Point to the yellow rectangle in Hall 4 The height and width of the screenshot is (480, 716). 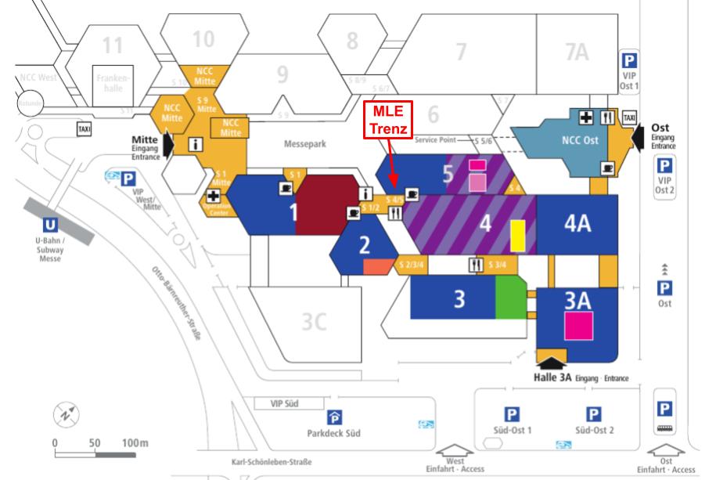point(517,234)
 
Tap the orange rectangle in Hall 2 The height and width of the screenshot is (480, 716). point(377,266)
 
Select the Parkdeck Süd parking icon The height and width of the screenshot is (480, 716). point(333,416)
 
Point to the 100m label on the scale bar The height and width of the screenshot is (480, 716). point(134,442)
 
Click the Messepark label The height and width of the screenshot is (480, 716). point(304,145)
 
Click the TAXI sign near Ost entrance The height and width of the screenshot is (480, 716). point(629,117)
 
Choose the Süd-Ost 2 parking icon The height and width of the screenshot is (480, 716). point(594,414)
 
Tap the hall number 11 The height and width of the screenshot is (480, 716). point(113,45)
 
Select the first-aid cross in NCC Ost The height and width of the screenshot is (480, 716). point(585,117)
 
